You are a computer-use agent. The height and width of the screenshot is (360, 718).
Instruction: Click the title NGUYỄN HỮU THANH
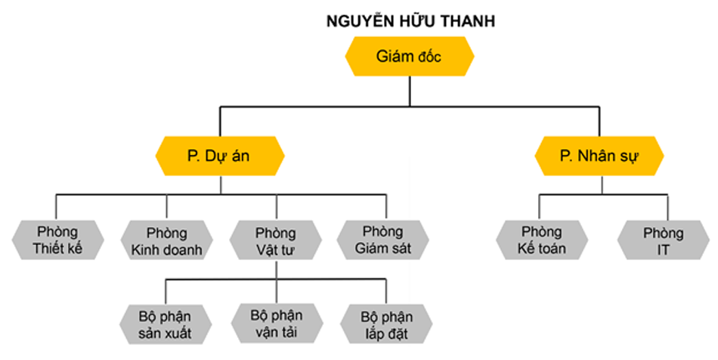(x=409, y=21)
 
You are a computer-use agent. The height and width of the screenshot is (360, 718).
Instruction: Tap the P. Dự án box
(x=219, y=157)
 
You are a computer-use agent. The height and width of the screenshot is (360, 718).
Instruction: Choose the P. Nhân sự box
(x=599, y=157)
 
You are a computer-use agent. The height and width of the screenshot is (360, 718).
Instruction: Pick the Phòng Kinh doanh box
(x=166, y=240)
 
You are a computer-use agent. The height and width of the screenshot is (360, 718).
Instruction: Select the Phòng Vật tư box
(x=276, y=240)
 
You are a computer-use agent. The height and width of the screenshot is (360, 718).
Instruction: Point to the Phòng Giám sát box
(x=386, y=240)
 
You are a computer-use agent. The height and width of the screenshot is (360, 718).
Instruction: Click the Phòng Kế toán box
(x=541, y=240)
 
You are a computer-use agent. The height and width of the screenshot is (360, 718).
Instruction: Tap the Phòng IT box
(x=663, y=240)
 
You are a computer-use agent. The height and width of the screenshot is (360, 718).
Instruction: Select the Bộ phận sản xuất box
(x=166, y=322)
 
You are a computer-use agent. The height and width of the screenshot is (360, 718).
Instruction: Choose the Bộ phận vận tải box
(x=276, y=322)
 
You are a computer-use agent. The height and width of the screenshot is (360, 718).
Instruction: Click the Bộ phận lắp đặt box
(x=386, y=322)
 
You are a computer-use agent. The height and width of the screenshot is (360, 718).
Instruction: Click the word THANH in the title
(x=469, y=21)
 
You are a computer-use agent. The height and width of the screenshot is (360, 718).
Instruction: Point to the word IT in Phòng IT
(x=663, y=249)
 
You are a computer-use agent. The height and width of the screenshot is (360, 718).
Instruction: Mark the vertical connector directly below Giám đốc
(x=409, y=92)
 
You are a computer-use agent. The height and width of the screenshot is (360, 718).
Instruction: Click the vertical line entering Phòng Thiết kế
(x=57, y=206)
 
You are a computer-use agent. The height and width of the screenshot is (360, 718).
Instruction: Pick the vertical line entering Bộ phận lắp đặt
(x=386, y=291)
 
